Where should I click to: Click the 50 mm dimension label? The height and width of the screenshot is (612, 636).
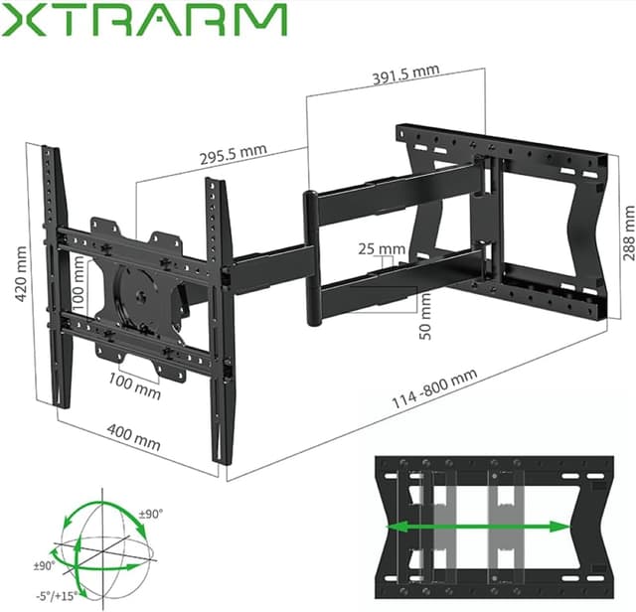point(425,317)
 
